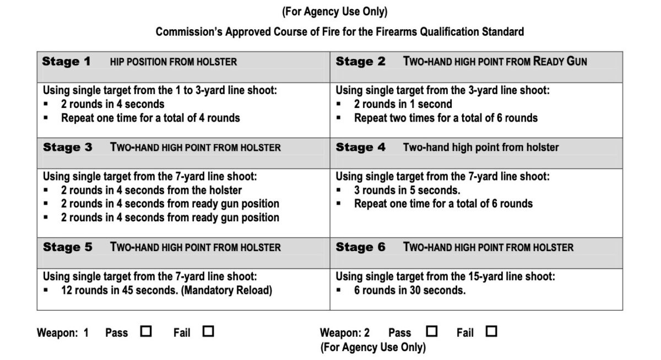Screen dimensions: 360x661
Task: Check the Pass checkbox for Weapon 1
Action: pyautogui.click(x=147, y=332)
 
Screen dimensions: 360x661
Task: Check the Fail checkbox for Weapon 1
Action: pyautogui.click(x=208, y=332)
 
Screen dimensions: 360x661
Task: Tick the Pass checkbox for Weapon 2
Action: pyautogui.click(x=432, y=331)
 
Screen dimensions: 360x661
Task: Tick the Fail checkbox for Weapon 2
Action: pyautogui.click(x=491, y=331)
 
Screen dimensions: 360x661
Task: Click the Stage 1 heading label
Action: pyautogui.click(x=66, y=62)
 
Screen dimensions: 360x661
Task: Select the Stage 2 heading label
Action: pyautogui.click(x=361, y=62)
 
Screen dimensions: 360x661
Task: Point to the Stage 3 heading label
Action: pyautogui.click(x=67, y=148)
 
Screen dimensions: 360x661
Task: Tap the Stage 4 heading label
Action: pyautogui.click(x=361, y=148)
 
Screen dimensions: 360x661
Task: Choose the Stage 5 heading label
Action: pyautogui.click(x=67, y=247)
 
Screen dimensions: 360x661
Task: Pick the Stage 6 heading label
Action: pyautogui.click(x=361, y=247)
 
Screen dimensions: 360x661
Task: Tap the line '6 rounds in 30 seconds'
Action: pyautogui.click(x=410, y=290)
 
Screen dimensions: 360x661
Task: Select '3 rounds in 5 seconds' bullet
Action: pyautogui.click(x=407, y=190)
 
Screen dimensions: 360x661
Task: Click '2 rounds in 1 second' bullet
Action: pyautogui.click(x=403, y=104)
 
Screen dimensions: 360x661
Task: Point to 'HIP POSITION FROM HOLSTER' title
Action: pyautogui.click(x=174, y=62)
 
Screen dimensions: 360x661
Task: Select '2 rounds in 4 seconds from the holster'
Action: pyautogui.click(x=151, y=190)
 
